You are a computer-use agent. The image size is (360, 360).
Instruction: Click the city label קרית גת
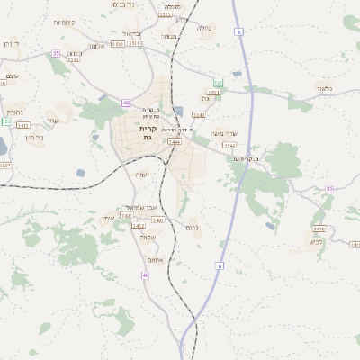[148, 132]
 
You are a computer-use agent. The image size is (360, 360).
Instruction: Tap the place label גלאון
[325, 88]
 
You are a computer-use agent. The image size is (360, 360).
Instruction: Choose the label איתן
[108, 218]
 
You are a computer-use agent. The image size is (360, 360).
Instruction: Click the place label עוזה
[140, 174]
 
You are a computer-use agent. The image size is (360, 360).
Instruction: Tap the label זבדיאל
[130, 33]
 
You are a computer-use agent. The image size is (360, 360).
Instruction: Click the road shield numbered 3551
[213, 92]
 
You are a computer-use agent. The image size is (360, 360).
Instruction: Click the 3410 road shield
[157, 220]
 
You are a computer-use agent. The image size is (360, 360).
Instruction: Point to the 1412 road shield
[23, 125]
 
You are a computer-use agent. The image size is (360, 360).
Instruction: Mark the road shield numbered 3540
[199, 115]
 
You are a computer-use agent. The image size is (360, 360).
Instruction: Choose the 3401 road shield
[126, 216]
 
